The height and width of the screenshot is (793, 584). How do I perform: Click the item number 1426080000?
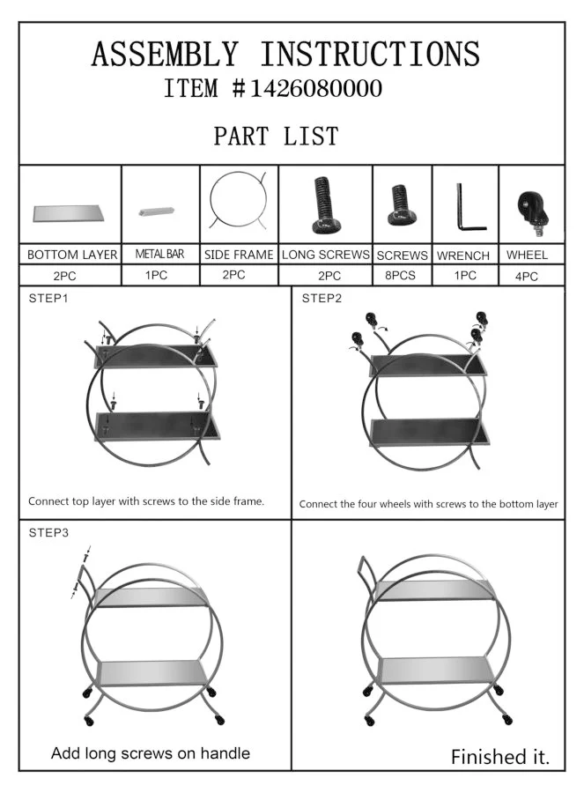[x=316, y=88]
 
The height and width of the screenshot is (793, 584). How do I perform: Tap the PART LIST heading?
[x=276, y=136]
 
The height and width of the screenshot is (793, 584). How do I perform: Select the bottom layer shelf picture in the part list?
[x=69, y=213]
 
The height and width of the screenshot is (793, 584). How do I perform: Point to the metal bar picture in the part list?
[x=156, y=211]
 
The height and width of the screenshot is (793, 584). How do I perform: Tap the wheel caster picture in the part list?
[x=532, y=212]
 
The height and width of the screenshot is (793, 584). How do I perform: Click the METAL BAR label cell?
[x=159, y=254]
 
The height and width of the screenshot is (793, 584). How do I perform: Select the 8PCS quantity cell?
[x=400, y=275]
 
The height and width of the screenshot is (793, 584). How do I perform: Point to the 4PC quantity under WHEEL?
[x=527, y=276]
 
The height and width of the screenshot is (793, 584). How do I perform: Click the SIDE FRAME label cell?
[x=239, y=255]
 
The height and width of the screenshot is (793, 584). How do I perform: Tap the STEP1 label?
[x=48, y=299]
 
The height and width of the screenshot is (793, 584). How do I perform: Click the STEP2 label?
[x=322, y=299]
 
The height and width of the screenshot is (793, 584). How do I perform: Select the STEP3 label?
[x=48, y=532]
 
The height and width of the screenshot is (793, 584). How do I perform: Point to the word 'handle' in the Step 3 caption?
[x=225, y=753]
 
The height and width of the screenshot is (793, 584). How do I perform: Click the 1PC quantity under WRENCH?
[x=465, y=275]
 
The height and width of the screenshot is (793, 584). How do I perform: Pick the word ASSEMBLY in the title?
[x=165, y=54]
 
